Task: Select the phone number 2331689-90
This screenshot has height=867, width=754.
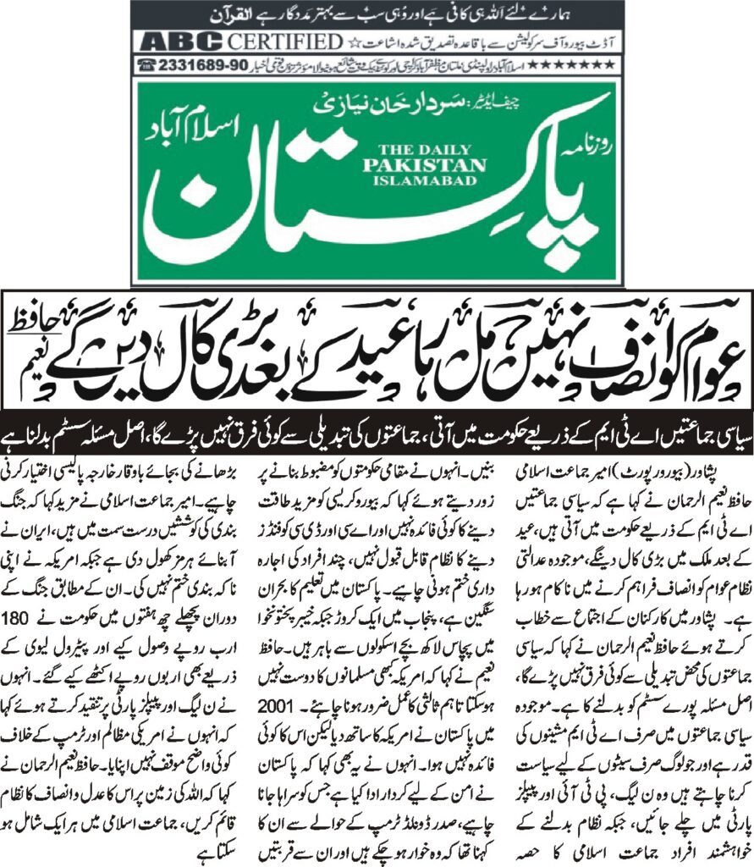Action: tap(195, 64)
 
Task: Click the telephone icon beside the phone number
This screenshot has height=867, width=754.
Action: tap(146, 64)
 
